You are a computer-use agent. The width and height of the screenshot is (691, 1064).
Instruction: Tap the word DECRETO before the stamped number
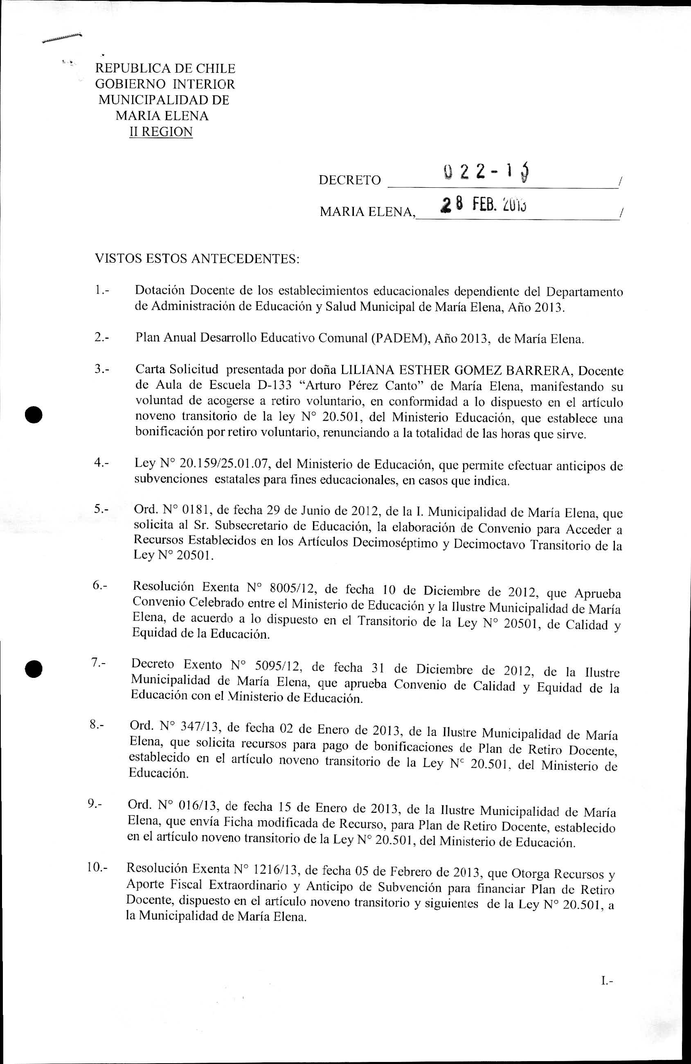(x=349, y=180)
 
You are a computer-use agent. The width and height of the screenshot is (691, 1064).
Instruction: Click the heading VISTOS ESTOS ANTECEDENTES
(x=197, y=259)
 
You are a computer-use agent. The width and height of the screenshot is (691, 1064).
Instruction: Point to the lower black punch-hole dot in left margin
(x=33, y=669)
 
